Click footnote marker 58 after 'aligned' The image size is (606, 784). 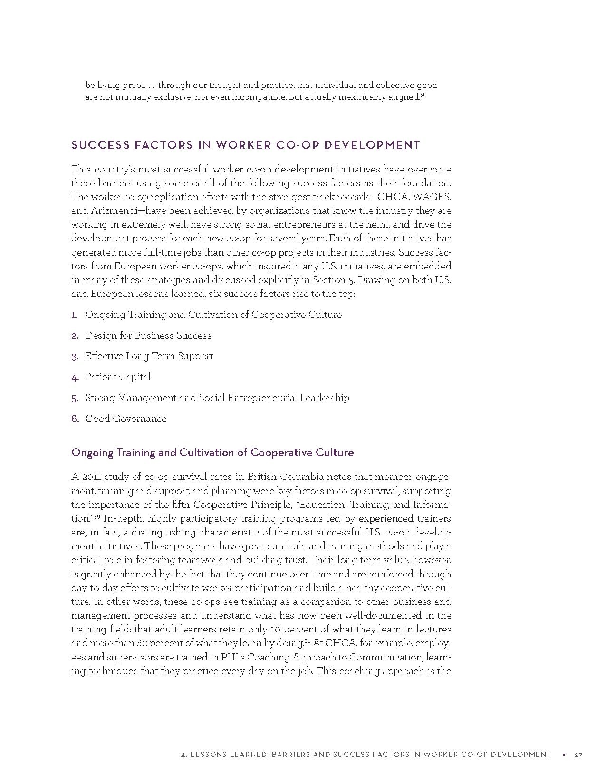423,96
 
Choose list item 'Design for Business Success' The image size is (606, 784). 148,335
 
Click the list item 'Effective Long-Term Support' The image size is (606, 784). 149,356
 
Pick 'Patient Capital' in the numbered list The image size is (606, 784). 117,377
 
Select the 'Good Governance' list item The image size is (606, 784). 125,419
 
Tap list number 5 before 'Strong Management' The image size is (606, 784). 75,398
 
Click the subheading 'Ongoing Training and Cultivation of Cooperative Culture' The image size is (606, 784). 212,452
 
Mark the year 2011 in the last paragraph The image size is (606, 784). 90,477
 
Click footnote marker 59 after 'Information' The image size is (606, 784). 97,516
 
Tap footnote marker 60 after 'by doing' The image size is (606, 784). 307,641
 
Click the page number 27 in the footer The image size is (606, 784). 578,755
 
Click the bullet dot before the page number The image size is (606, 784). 563,755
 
